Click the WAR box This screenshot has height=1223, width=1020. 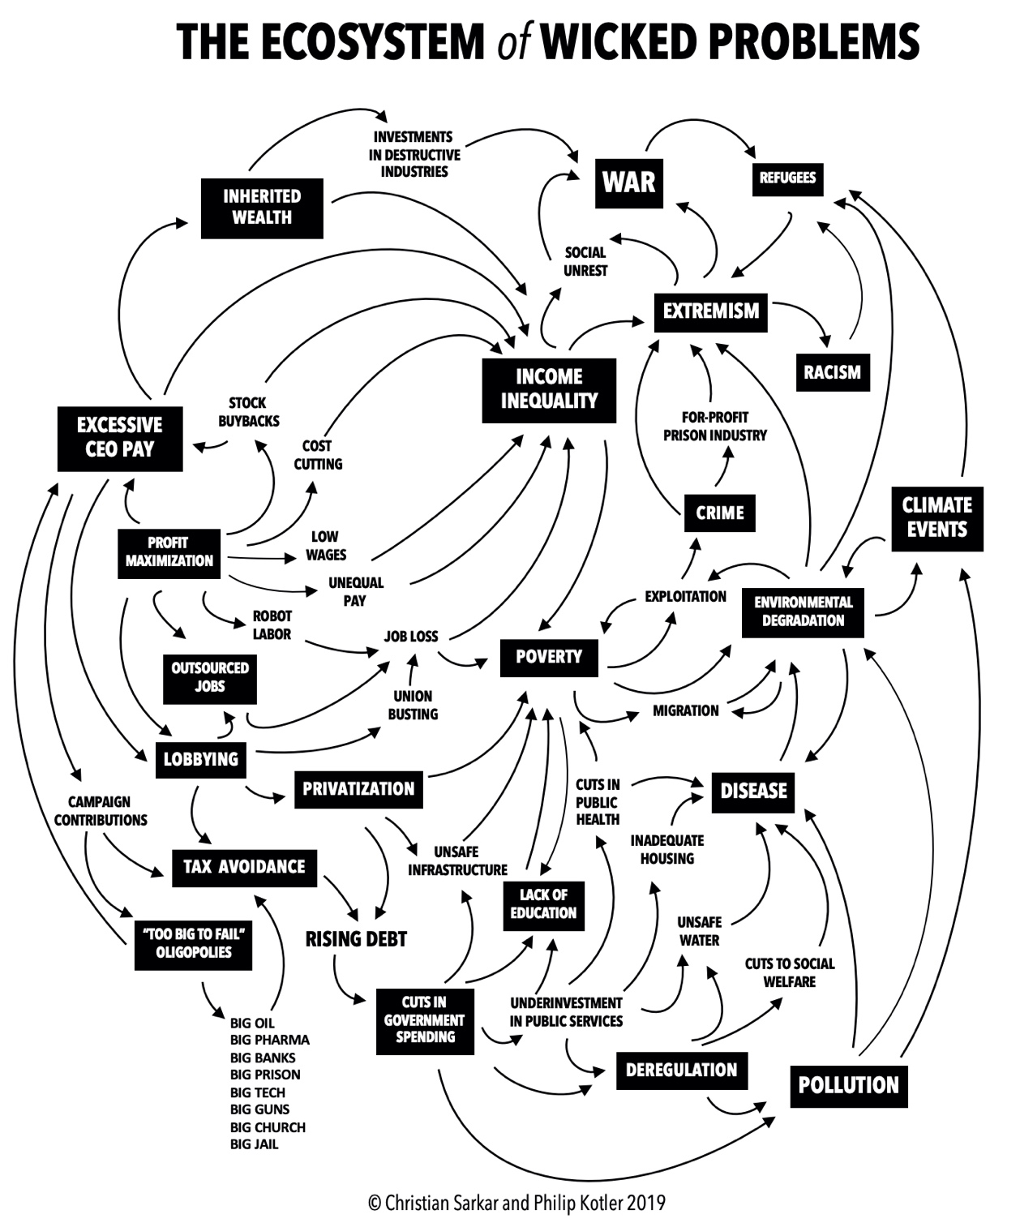[628, 182]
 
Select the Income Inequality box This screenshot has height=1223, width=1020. [549, 388]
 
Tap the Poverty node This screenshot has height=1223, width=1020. [549, 656]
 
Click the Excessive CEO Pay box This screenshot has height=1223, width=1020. [120, 437]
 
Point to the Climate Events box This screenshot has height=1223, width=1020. [936, 517]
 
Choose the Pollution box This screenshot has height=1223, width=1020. [848, 1085]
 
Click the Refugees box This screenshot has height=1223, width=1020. [787, 178]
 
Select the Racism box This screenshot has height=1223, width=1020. [832, 372]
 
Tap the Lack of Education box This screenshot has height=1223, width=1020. [543, 903]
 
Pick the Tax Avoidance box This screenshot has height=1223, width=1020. [244, 867]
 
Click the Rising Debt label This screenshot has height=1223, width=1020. [356, 939]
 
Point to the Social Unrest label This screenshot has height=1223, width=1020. [585, 261]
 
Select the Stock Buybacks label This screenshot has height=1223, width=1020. [248, 411]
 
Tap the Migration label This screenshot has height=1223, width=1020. [686, 710]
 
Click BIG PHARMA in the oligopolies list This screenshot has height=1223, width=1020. [269, 1040]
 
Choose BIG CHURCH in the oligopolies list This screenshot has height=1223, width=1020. [268, 1127]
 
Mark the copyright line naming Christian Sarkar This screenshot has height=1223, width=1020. [516, 1202]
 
